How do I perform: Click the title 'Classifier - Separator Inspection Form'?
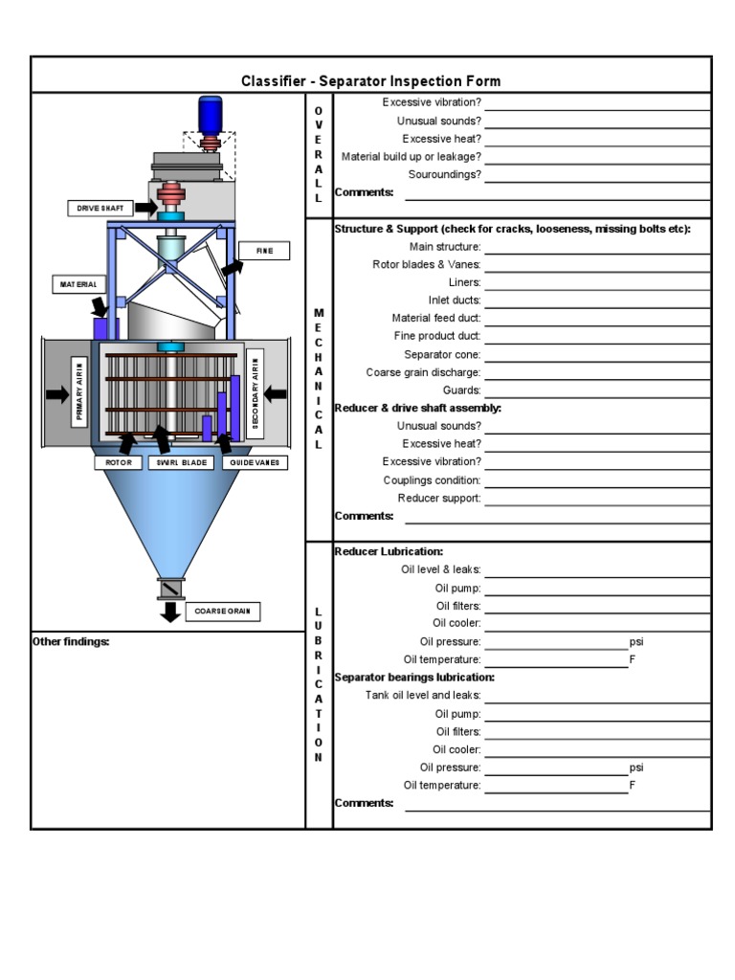(x=370, y=81)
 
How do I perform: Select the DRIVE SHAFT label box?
(x=100, y=208)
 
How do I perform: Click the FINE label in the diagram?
(x=264, y=251)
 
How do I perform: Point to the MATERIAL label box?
(x=79, y=284)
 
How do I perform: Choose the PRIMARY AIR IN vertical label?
(x=80, y=391)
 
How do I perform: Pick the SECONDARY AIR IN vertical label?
(x=256, y=391)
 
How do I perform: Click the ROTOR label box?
(x=118, y=462)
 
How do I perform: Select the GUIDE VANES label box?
(x=255, y=462)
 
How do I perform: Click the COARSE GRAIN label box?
(x=222, y=612)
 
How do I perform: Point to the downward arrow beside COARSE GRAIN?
(x=170, y=612)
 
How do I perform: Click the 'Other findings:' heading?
(x=71, y=642)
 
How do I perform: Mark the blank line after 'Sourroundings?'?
(x=597, y=175)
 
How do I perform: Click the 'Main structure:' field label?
(x=445, y=247)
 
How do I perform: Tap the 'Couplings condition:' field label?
(x=432, y=480)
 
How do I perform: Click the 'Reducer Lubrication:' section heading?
(x=389, y=552)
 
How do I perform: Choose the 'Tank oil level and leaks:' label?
(x=423, y=696)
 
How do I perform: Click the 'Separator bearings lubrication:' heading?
(x=414, y=678)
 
